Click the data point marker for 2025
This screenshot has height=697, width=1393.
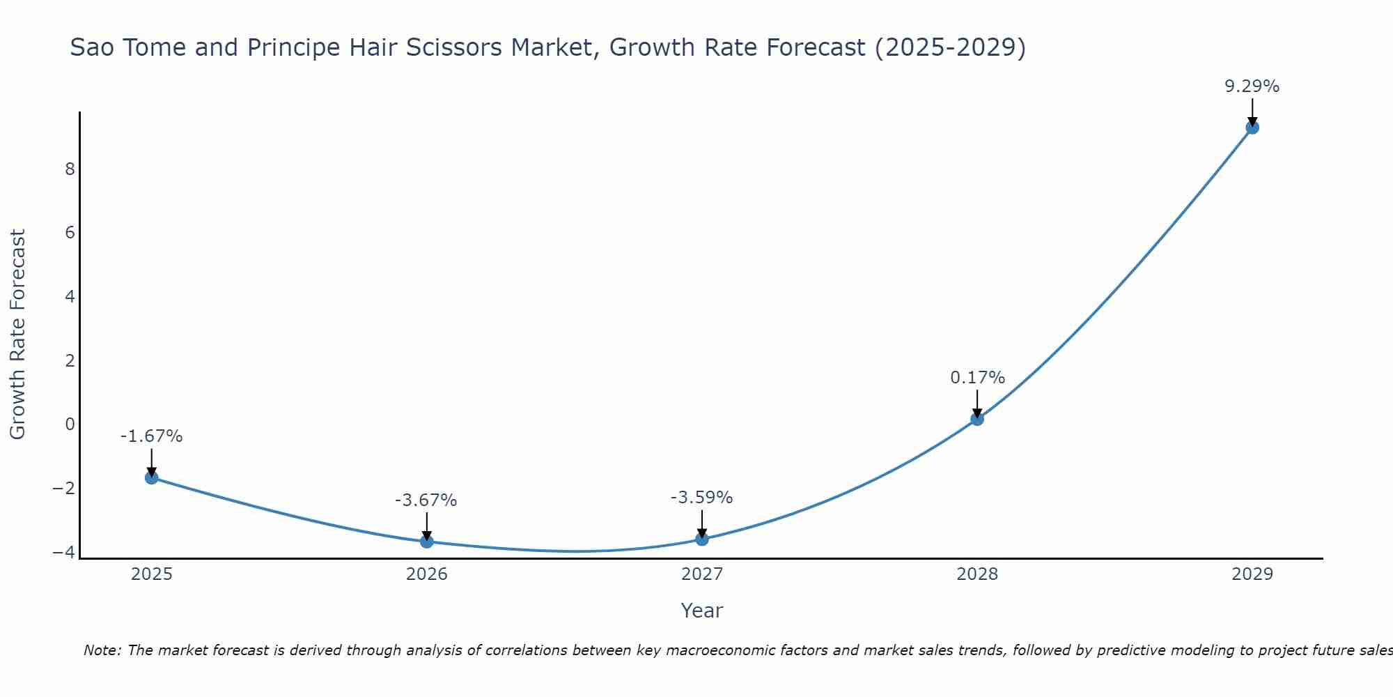click(151, 477)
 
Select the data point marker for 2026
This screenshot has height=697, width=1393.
click(427, 542)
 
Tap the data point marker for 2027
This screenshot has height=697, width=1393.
click(702, 539)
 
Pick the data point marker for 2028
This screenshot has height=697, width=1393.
click(977, 419)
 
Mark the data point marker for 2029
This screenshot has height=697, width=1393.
click(1252, 128)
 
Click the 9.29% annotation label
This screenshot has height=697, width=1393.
click(1252, 86)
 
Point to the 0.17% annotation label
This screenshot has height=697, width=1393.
click(977, 378)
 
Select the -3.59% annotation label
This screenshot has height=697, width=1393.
click(701, 498)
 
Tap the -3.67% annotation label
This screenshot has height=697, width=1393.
click(426, 500)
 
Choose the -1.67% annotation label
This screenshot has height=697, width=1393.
click(151, 436)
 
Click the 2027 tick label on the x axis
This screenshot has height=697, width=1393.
click(702, 574)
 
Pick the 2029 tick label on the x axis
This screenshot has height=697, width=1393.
click(1252, 574)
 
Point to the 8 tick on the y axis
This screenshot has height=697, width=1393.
click(70, 169)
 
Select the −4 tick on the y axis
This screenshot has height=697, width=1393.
click(63, 552)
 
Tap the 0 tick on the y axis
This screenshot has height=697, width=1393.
click(70, 424)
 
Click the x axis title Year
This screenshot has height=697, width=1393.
click(702, 611)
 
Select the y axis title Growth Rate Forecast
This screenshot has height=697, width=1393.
click(17, 335)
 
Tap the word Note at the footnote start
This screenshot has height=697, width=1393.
click(102, 650)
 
